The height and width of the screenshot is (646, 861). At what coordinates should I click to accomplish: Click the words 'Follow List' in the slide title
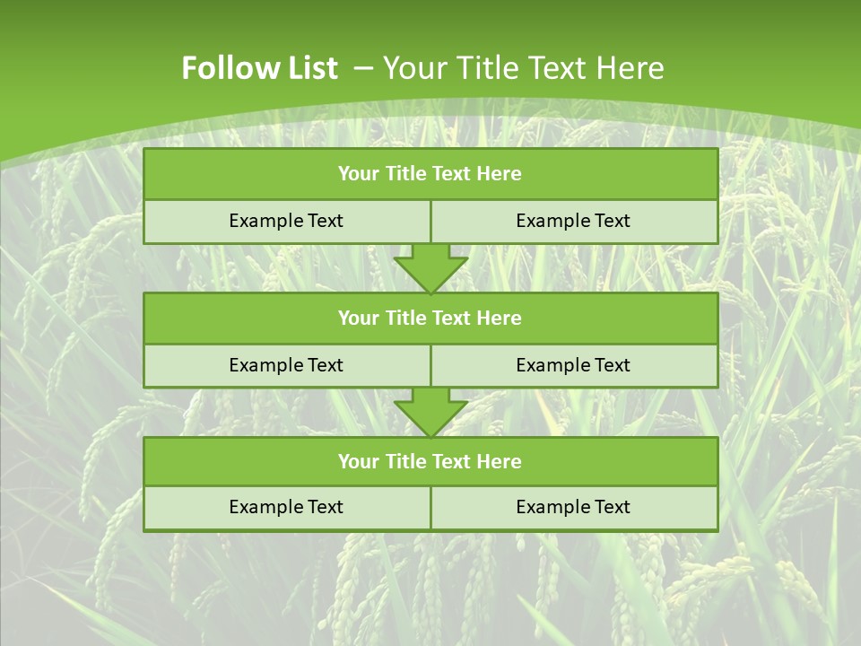coord(259,68)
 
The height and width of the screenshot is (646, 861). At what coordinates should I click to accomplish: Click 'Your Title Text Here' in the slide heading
coord(523,68)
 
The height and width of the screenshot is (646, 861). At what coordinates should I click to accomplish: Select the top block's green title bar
coord(430,174)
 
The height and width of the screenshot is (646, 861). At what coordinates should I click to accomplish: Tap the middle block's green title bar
coord(430,319)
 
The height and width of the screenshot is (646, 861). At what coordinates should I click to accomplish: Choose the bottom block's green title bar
coord(430,462)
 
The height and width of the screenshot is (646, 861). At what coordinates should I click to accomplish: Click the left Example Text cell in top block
coord(286,221)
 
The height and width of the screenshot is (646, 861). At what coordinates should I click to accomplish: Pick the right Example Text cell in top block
coord(573,221)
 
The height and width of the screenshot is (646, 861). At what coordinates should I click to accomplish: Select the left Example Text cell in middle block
coord(286,365)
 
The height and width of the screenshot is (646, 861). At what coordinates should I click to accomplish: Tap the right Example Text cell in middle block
coord(573,365)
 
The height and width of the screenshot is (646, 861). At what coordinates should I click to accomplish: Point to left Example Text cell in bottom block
coord(286,507)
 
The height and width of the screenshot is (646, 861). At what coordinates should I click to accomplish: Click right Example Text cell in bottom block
coord(573,507)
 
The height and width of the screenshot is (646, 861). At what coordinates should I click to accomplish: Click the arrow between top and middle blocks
coord(430,268)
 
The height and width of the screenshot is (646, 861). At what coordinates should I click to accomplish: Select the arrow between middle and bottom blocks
coord(430,412)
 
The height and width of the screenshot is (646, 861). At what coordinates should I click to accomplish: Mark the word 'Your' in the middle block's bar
coord(357,319)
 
